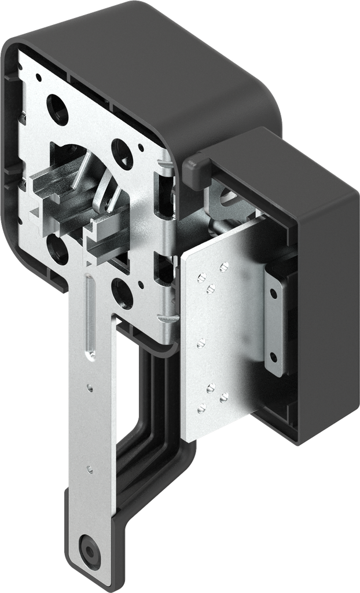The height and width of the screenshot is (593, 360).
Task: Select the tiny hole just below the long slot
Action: click(x=89, y=386)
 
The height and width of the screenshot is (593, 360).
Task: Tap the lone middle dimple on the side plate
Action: click(x=201, y=343)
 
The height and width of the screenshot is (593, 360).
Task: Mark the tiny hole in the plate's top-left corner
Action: click(x=39, y=76)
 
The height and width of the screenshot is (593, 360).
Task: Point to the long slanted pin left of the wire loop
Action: click(x=81, y=168)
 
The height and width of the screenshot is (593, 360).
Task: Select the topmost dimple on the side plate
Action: click(x=224, y=266)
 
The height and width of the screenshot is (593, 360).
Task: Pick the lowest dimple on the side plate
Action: click(x=201, y=409)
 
